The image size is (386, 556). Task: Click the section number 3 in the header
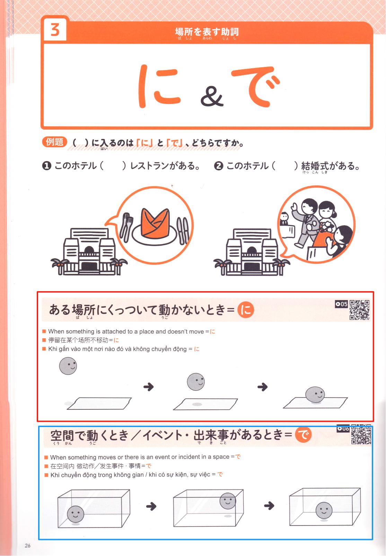tap(55, 30)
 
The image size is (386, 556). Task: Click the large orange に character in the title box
tap(159, 86)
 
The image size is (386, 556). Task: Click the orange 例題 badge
tap(54, 142)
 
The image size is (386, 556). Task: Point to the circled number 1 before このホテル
tap(47, 166)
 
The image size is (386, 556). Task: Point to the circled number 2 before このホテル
tap(219, 166)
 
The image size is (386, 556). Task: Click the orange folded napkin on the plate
tap(155, 223)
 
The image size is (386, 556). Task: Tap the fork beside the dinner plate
tap(126, 227)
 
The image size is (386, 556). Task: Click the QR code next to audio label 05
tap(359, 310)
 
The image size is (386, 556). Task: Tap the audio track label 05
tap(341, 304)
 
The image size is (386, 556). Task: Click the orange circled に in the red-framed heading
tap(246, 310)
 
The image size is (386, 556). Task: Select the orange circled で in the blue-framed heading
tap(303, 435)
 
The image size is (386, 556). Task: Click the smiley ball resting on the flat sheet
tap(315, 394)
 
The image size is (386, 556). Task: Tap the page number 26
tap(27, 545)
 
